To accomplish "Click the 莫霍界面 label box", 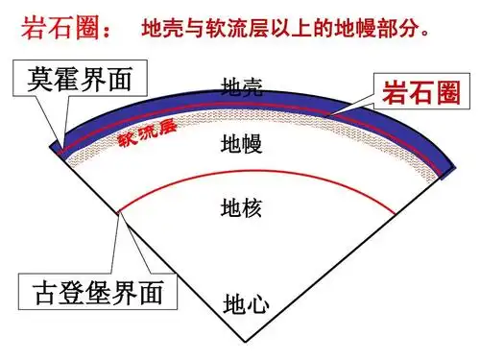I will [x=80, y=78].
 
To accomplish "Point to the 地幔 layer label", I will [x=242, y=146].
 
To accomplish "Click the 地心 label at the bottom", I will [x=246, y=305].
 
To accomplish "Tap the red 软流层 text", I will [x=148, y=134].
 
